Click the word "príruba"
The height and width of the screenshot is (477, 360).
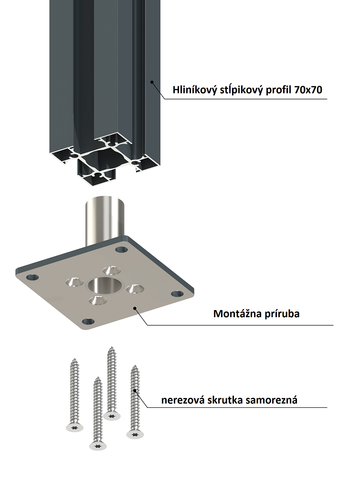(x=279, y=314)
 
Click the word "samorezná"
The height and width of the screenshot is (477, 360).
(x=272, y=400)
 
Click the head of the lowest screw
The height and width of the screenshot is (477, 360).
(x=98, y=446)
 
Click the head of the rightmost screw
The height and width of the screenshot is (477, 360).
(x=135, y=434)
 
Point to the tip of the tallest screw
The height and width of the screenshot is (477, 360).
(x=112, y=348)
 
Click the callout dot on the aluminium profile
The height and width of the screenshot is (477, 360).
(x=151, y=82)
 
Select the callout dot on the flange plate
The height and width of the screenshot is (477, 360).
(x=135, y=308)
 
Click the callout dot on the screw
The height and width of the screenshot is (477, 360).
(x=135, y=391)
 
